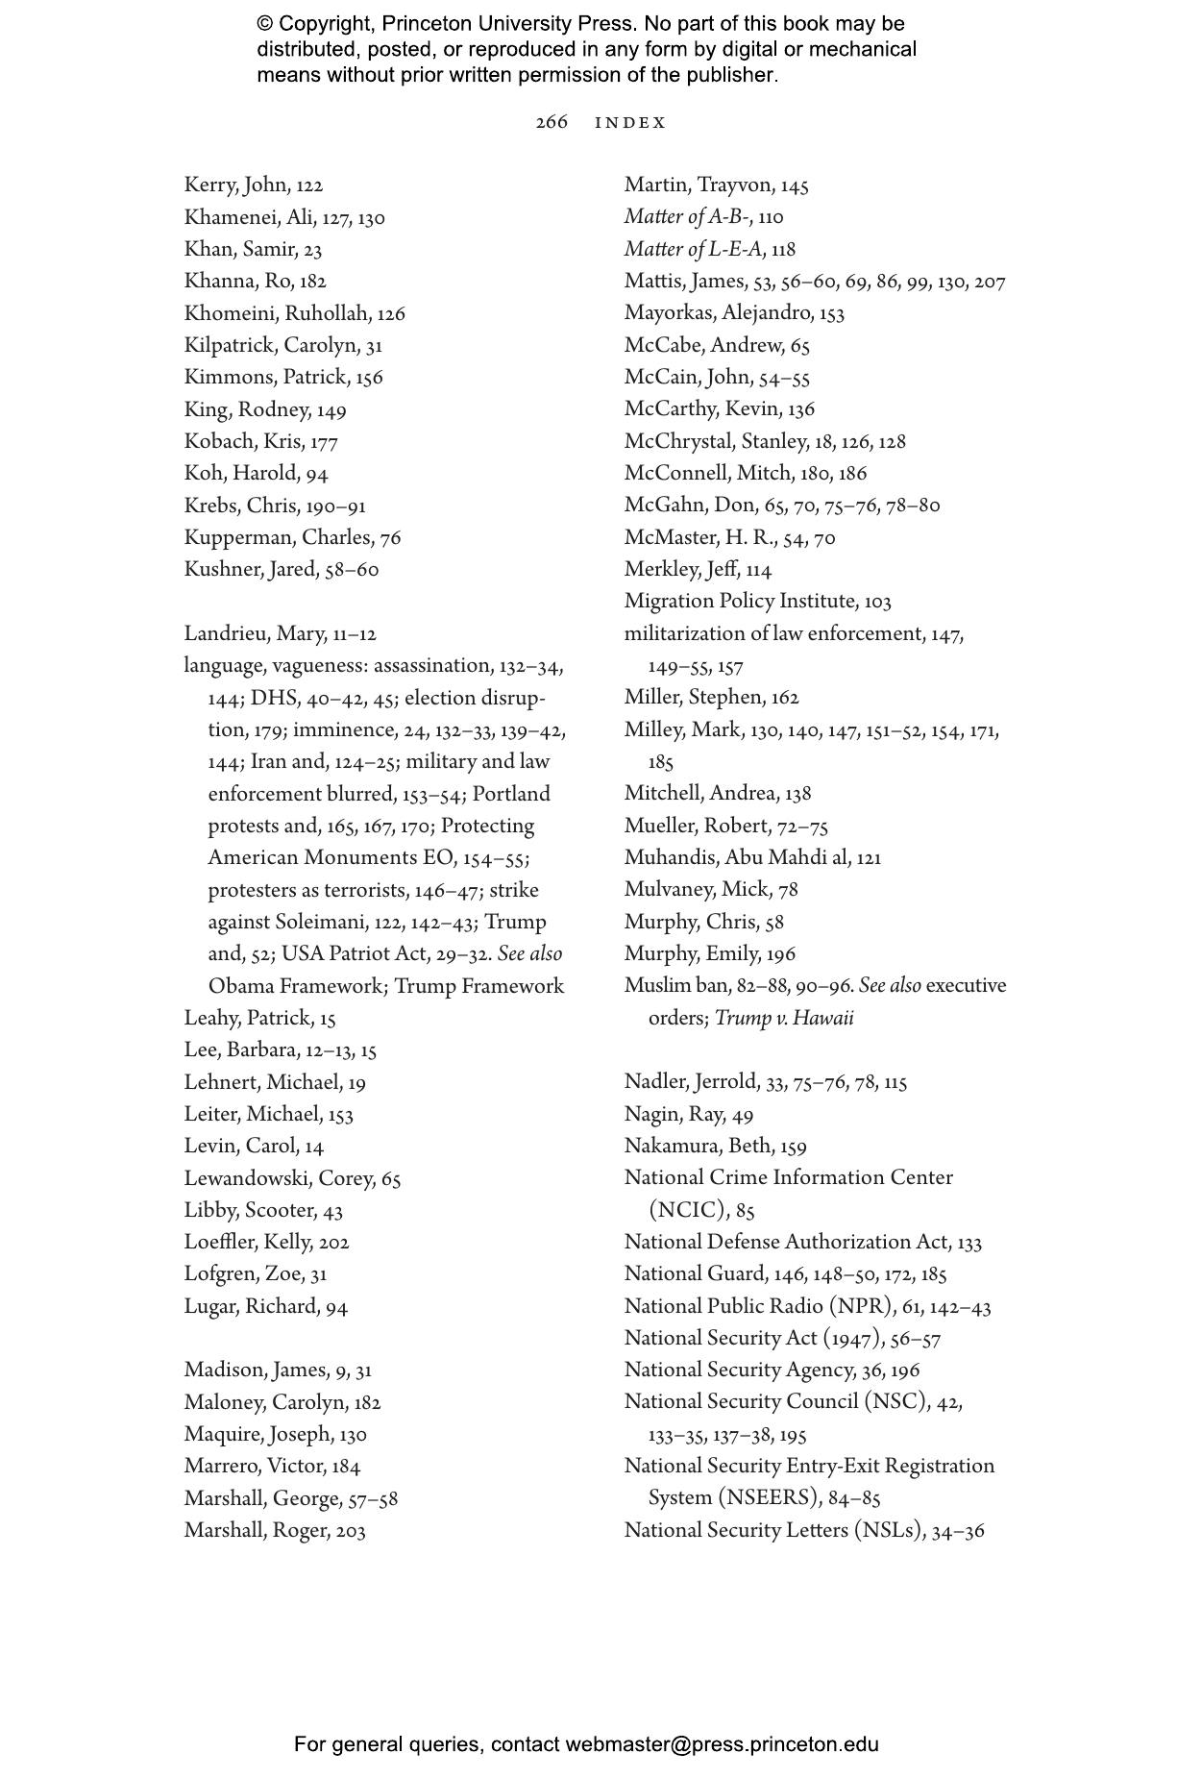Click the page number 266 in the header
[552, 122]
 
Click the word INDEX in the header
[630, 123]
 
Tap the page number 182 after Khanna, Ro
[312, 282]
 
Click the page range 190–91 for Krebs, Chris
[335, 506]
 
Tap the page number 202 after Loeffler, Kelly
[333, 1243]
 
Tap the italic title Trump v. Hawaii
[784, 1019]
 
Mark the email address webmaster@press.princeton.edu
[722, 1744]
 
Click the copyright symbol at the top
[265, 24]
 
